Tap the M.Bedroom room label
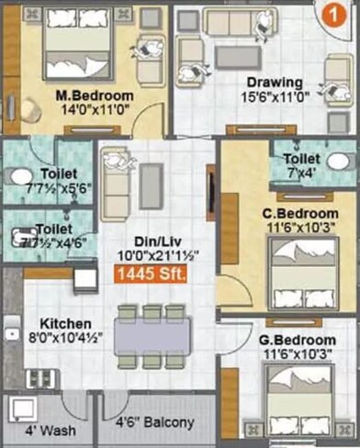(95, 95)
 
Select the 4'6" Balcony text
(155, 423)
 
